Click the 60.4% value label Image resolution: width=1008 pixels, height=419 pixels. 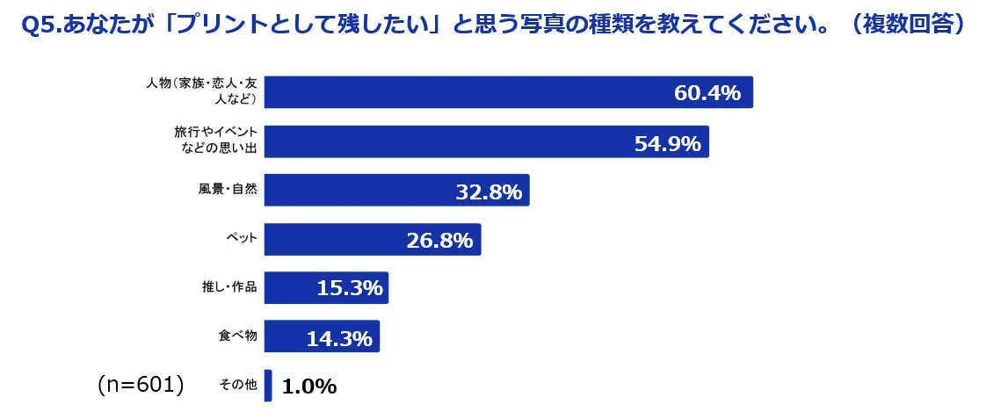707,92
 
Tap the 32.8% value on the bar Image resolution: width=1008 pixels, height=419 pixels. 489,191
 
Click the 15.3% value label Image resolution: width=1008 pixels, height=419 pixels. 349,288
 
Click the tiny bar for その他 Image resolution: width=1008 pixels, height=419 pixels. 268,386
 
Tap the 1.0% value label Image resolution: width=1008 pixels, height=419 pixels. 308,386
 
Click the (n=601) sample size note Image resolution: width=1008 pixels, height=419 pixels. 140,384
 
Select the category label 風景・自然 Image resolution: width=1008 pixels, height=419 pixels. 228,191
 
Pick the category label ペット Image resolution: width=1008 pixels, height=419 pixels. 241,239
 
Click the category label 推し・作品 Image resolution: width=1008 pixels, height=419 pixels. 229,287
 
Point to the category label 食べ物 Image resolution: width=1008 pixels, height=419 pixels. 237,336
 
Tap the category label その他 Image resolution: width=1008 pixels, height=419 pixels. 237,385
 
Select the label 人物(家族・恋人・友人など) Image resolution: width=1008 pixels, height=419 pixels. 201,91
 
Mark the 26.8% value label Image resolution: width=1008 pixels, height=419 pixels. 439,240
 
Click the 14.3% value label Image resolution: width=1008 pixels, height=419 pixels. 339,337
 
